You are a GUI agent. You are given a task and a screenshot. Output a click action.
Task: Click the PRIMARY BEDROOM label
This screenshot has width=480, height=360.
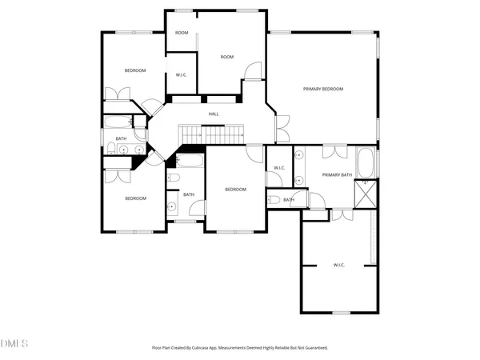click(x=323, y=89)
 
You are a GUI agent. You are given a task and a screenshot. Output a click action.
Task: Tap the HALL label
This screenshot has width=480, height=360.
click(x=214, y=114)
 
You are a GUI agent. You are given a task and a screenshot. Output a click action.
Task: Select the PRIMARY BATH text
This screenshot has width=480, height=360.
click(x=337, y=174)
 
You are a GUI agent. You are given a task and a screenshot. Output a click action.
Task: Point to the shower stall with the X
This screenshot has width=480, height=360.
click(x=366, y=194)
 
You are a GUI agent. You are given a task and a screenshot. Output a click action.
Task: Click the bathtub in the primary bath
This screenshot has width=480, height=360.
click(x=365, y=162)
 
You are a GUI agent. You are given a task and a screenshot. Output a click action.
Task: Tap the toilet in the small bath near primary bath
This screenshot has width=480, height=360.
click(x=274, y=200)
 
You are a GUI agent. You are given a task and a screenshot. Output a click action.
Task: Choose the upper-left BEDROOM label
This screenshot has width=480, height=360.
click(x=135, y=70)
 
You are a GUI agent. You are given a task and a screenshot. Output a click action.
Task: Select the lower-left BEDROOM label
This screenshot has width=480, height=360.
click(x=135, y=198)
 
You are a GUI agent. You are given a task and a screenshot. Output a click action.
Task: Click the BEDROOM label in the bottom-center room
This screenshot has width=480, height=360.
click(x=235, y=190)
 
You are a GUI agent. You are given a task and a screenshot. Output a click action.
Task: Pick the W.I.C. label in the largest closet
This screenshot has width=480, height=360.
click(x=338, y=264)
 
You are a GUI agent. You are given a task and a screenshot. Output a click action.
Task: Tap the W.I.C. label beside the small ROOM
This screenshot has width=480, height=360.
click(x=182, y=75)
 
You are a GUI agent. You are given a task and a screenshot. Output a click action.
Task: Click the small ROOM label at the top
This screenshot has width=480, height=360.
click(x=182, y=33)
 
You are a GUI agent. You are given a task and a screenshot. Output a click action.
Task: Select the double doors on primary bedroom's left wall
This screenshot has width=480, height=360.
click(x=281, y=128)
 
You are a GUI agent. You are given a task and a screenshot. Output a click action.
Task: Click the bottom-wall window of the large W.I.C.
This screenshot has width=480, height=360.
click(x=341, y=313)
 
